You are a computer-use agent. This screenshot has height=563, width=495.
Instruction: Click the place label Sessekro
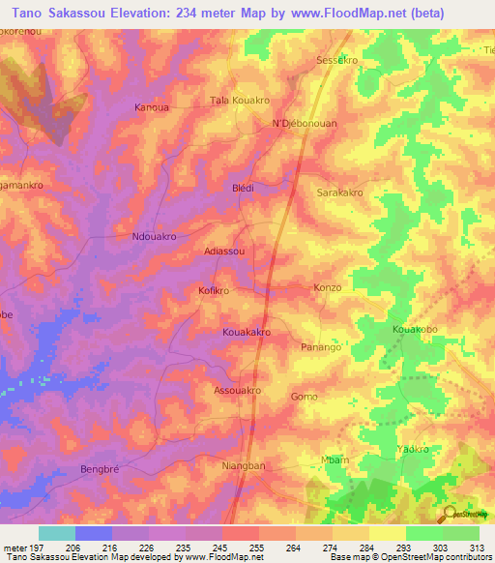(x=337, y=60)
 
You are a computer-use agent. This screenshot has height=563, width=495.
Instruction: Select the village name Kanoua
(x=152, y=107)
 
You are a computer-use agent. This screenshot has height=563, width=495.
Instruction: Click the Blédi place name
(x=243, y=188)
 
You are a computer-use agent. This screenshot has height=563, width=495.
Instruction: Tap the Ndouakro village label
(x=153, y=236)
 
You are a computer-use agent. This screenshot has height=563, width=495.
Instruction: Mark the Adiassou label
(x=224, y=251)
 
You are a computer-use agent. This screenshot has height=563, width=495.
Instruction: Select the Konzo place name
(x=329, y=288)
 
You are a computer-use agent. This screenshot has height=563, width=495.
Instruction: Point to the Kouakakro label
(x=246, y=332)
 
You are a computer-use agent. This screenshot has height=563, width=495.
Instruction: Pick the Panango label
(x=321, y=346)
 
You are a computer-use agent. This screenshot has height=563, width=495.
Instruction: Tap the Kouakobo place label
(x=415, y=330)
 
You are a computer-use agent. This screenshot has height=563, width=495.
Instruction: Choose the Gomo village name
(x=304, y=397)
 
